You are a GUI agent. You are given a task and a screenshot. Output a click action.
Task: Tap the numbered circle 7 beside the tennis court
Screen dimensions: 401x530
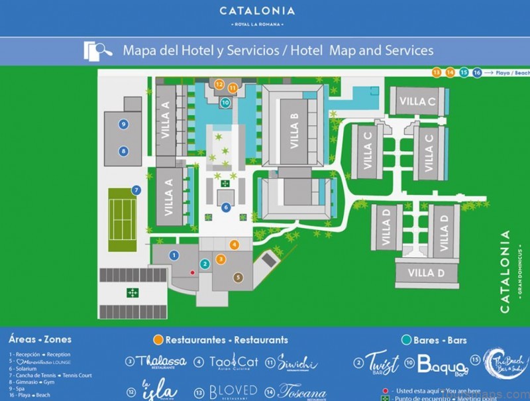[x=136, y=190]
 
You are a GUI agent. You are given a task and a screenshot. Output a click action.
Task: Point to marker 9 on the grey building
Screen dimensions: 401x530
[x=123, y=124]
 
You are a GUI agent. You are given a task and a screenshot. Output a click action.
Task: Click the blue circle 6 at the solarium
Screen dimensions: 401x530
[x=226, y=207]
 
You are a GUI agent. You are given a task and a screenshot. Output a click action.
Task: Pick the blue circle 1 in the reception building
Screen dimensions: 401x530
[x=174, y=255]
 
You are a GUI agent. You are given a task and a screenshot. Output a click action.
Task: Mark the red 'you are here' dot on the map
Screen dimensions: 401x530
[x=193, y=272]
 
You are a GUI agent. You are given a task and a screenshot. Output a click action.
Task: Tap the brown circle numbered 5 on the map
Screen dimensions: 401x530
[x=238, y=278]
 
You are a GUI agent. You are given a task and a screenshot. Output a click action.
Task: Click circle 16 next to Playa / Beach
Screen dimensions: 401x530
[x=476, y=72]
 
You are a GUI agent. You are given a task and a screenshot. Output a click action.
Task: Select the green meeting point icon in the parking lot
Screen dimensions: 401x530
[x=132, y=292]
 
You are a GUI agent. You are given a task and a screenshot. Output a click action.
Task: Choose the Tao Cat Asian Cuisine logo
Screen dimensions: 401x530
[x=233, y=362]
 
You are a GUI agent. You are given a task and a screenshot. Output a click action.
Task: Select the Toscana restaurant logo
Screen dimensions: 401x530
[x=301, y=391]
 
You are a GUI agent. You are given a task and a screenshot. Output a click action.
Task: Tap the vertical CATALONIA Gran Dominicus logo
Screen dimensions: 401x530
[x=507, y=272]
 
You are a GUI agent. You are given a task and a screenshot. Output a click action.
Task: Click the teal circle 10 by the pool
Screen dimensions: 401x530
[x=225, y=103]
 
